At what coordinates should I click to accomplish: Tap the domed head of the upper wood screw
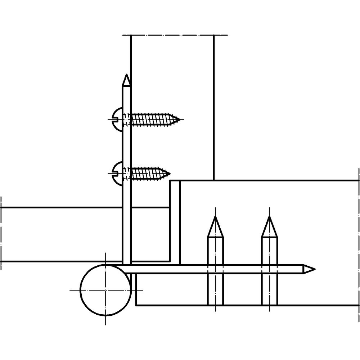(117, 119)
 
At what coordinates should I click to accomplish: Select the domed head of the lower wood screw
(117, 174)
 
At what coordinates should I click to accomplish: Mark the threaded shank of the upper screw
(151, 119)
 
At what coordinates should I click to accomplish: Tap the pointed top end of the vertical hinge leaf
(126, 80)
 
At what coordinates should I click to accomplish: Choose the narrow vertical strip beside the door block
(175, 221)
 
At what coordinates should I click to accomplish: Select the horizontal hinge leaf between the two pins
(242, 269)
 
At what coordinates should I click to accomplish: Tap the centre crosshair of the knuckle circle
(105, 289)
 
